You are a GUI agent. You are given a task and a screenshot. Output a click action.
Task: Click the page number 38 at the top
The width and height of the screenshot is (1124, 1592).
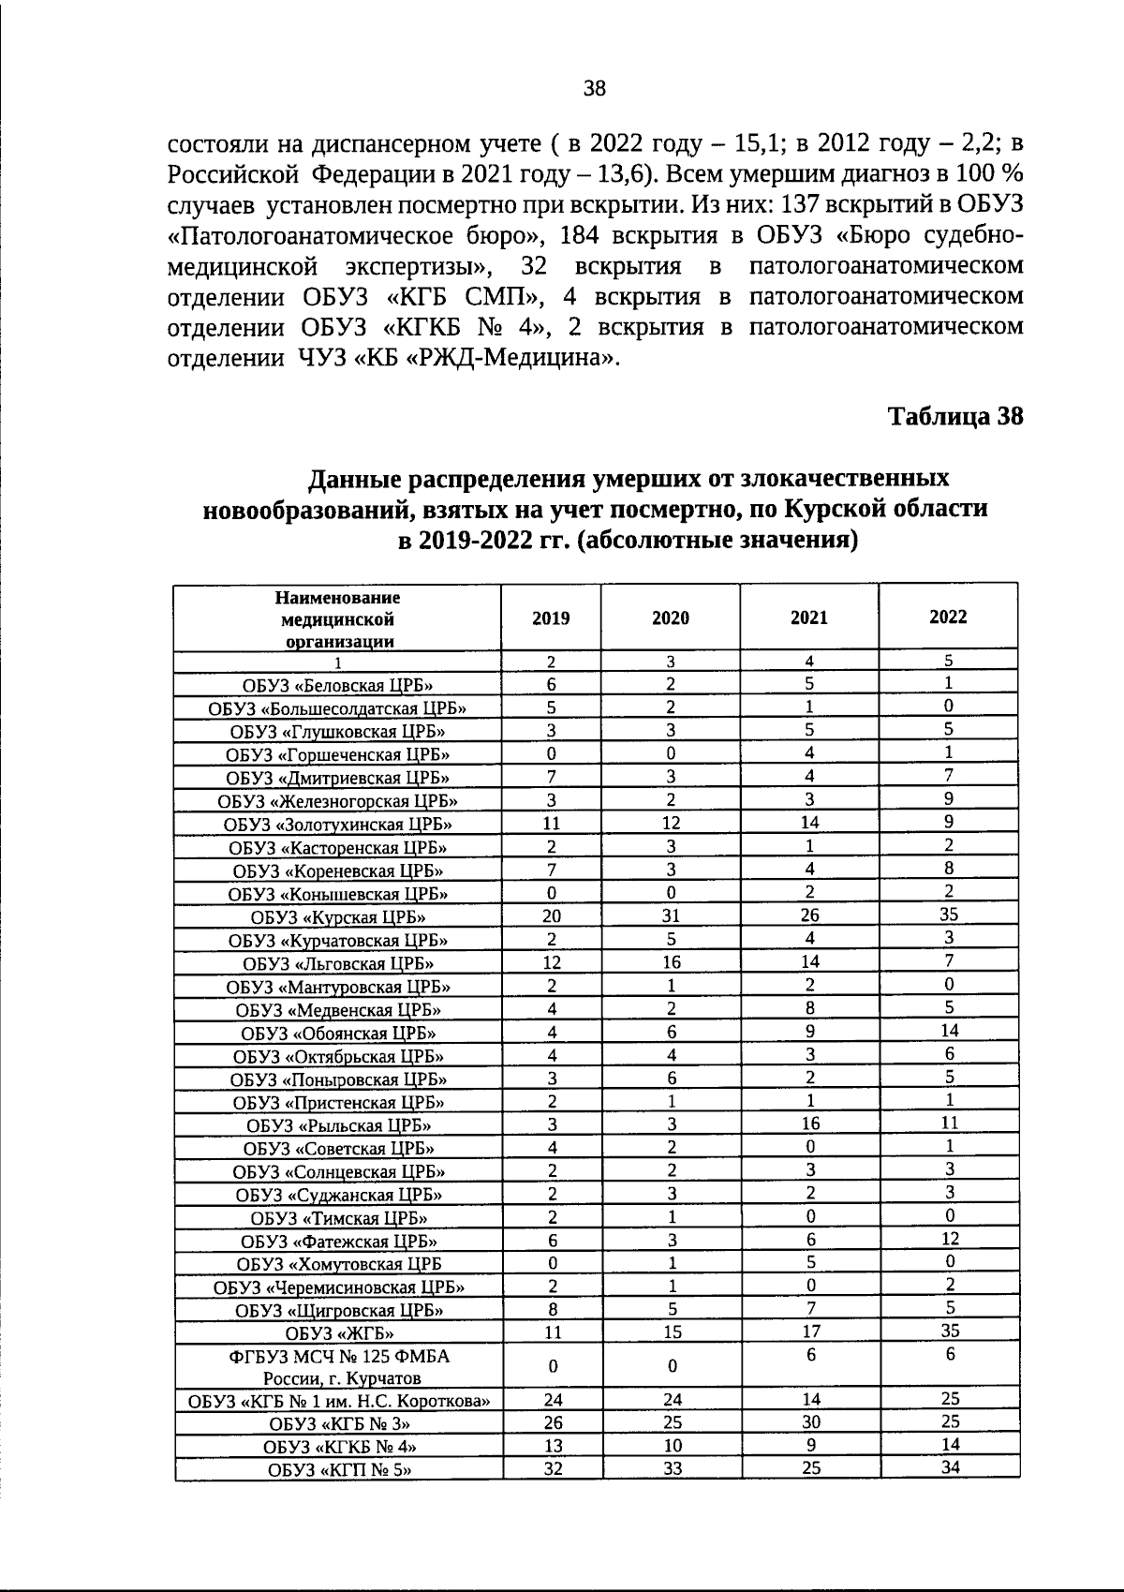coord(595,89)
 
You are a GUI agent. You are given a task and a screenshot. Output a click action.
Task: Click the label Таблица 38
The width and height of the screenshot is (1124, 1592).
coord(955,416)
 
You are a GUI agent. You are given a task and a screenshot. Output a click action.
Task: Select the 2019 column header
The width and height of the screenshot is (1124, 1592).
coord(551,617)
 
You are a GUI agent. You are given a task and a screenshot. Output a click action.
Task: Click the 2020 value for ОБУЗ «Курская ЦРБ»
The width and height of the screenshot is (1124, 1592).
coord(671,915)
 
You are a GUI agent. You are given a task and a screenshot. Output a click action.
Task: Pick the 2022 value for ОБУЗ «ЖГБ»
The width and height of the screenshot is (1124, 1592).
coord(950,1330)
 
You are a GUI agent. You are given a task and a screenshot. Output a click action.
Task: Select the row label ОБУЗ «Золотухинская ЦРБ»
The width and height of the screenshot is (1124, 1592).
coord(338,825)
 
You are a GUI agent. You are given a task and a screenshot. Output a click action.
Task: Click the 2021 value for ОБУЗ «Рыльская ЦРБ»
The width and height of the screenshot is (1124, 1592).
coord(810,1123)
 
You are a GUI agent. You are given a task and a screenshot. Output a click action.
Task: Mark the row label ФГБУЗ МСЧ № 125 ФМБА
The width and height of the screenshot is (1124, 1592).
coord(340,1356)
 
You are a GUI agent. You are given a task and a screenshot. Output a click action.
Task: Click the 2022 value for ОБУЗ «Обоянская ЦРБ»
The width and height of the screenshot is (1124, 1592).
coord(950,1030)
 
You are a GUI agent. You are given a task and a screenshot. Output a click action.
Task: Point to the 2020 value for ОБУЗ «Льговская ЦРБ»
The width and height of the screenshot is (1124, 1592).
coord(672,962)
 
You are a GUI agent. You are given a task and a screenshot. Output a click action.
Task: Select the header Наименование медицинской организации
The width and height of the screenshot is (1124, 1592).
coord(338,619)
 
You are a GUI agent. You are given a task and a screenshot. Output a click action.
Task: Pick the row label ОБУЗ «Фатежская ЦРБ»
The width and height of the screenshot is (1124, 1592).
coord(339,1242)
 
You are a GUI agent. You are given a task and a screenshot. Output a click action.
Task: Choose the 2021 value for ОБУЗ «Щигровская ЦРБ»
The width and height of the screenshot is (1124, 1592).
coord(811,1307)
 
